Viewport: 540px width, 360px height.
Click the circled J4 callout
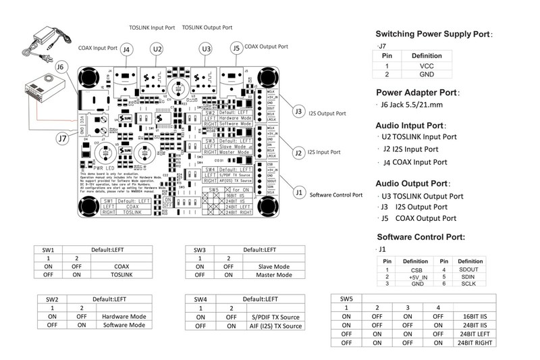point(128,49)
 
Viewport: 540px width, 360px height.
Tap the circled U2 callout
point(157,49)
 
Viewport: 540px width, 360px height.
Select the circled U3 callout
point(207,49)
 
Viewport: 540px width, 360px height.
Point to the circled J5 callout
point(236,49)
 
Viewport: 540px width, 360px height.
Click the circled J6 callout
point(61,67)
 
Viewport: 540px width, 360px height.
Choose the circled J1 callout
point(299,191)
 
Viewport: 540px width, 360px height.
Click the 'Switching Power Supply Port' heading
point(434,33)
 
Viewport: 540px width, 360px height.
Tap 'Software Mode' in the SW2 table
point(124,325)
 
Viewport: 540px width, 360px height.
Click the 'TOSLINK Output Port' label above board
point(208,28)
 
